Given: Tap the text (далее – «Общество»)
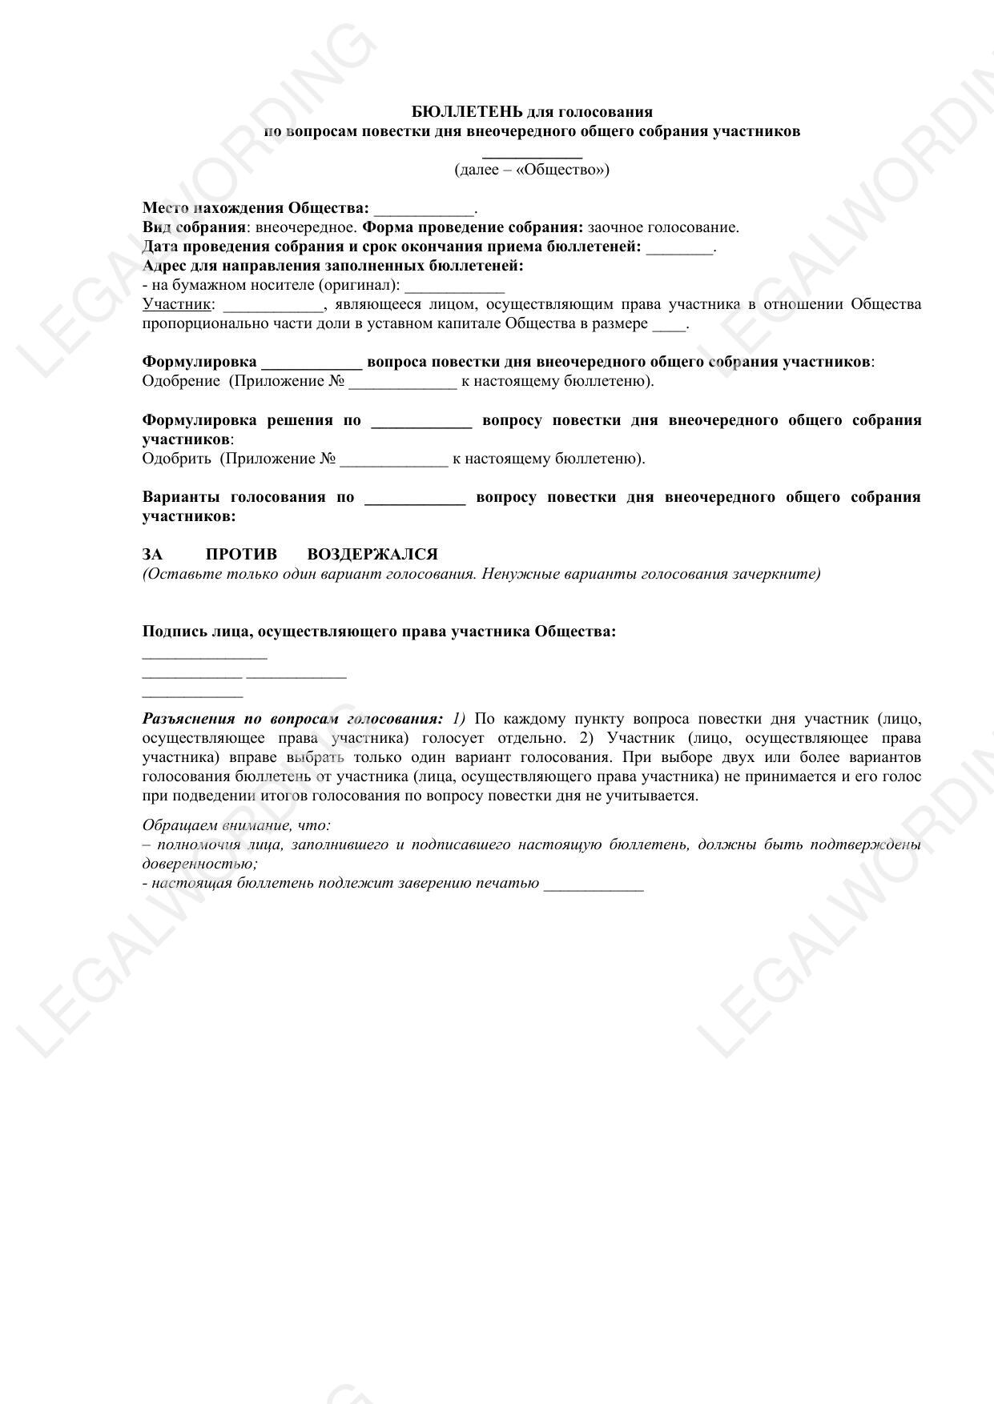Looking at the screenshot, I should click(x=532, y=170).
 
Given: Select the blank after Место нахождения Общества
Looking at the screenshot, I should click(x=424, y=211).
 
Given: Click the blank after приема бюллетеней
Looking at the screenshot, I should click(x=678, y=249).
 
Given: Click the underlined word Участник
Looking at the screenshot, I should click(x=177, y=304).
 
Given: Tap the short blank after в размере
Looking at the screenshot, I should click(x=669, y=326).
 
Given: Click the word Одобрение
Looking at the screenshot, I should click(x=181, y=381).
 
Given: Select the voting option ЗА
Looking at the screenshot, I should click(x=152, y=555).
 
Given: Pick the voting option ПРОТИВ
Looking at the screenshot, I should click(x=241, y=555).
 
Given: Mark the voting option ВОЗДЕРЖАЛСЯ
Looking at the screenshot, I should click(x=372, y=555).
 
